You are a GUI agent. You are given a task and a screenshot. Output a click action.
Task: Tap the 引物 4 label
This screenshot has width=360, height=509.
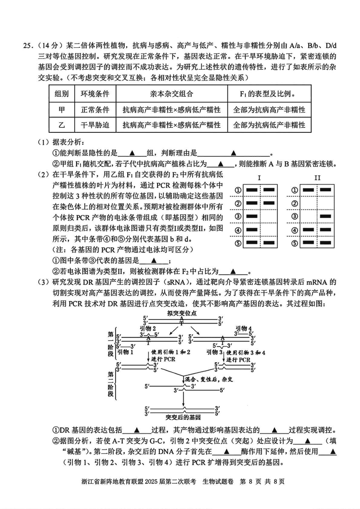click(244, 329)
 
